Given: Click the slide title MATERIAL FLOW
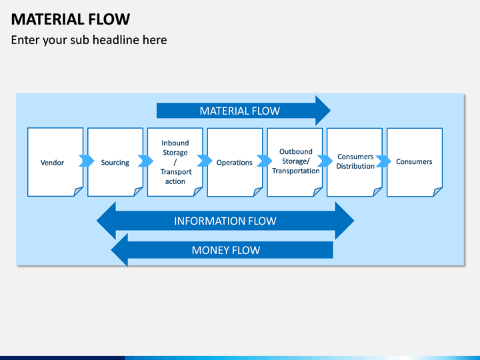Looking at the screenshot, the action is pos(71,19).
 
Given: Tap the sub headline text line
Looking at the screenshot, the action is pos(89,40).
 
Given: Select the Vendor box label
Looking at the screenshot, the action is pos(52,163).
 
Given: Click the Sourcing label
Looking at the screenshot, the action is pos(115,163).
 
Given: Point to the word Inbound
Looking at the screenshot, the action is pos(175,143).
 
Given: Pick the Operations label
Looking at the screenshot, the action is pos(235,163).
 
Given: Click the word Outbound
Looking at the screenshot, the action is pos(296,151).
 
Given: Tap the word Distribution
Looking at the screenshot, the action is pos(355,166).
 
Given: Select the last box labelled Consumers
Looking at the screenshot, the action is pos(414,161).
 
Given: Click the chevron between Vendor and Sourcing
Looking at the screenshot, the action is pos(86,161).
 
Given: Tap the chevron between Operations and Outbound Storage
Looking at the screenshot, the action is pos(264,161).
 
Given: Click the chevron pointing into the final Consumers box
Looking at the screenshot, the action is pos(383,161).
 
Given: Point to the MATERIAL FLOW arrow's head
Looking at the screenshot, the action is pos(323,111).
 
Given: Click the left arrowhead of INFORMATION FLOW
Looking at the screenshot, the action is pos(107,221).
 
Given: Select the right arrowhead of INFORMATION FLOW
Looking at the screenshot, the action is pos(345,221).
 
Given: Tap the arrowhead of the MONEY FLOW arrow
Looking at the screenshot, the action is pos(120,250).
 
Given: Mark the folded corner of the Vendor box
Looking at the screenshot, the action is pos(78,191).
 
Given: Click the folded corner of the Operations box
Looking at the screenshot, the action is pos(258,191).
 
